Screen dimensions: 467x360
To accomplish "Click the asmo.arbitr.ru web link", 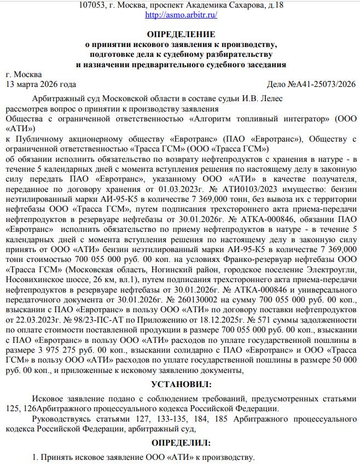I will tap(181, 15).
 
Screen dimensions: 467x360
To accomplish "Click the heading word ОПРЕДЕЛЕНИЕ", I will tap(181, 34).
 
